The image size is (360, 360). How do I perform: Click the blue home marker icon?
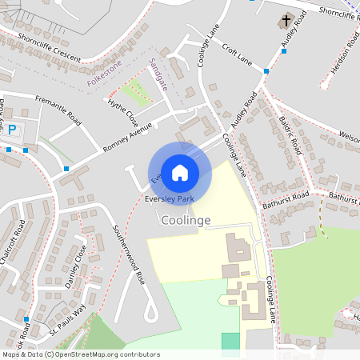pos(180,172)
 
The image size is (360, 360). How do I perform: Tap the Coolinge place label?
pos(186,220)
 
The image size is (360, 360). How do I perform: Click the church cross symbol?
pos(286,20)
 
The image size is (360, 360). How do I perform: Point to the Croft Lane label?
pos(237,54)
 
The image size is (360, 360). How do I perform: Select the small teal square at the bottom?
pos(230,341)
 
